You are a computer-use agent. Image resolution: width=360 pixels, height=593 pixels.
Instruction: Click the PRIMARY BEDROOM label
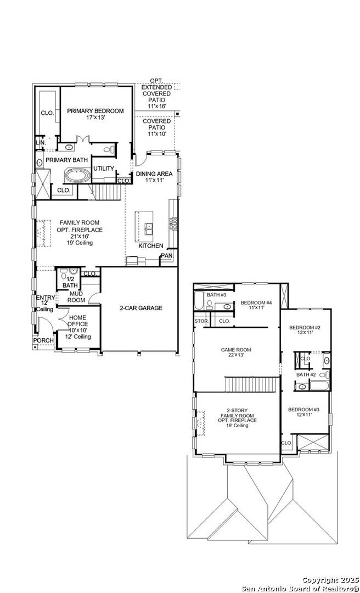click(95, 111)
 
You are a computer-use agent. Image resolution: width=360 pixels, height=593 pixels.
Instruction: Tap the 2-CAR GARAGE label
click(141, 308)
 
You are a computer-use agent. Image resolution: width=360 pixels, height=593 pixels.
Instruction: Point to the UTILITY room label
click(103, 169)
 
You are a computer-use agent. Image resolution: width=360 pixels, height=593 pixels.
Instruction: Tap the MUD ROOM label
click(76, 297)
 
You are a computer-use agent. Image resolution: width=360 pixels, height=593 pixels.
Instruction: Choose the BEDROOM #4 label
click(256, 303)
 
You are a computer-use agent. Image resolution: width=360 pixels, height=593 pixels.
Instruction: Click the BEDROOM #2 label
click(305, 328)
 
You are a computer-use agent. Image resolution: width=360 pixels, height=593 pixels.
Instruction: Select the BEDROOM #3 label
click(303, 410)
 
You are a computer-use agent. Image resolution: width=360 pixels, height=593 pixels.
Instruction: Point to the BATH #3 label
click(217, 295)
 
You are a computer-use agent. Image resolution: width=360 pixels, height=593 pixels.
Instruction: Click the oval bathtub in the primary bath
click(79, 176)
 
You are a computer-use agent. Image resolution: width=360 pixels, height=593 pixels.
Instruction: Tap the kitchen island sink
click(149, 227)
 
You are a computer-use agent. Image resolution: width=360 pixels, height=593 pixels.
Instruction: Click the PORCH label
click(44, 340)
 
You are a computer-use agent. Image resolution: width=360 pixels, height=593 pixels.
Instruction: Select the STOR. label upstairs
click(201, 321)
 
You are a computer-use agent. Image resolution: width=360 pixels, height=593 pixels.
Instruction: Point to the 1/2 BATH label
click(70, 282)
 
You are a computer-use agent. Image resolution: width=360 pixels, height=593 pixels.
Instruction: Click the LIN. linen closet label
click(40, 142)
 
